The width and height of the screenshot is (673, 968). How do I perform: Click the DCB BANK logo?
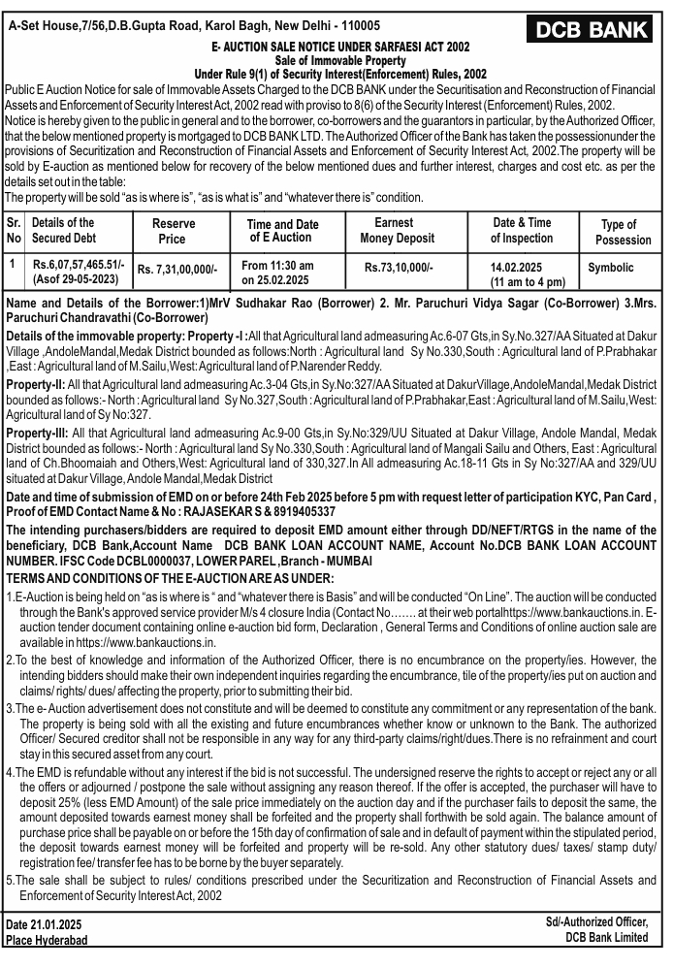click(593, 29)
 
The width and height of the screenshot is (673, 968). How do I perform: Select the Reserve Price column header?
click(172, 231)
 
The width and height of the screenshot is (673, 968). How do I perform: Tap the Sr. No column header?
click(14, 231)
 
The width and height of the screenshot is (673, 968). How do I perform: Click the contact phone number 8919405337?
click(302, 511)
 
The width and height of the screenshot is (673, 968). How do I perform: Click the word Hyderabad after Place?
click(65, 940)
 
